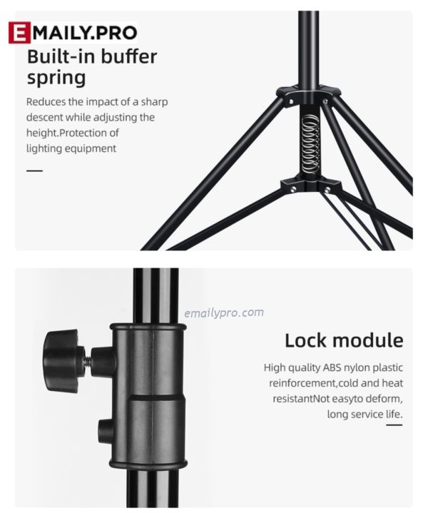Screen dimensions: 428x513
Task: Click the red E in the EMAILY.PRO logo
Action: click(x=20, y=32)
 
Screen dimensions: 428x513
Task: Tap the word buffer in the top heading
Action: click(x=128, y=56)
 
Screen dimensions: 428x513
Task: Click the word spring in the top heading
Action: click(x=56, y=78)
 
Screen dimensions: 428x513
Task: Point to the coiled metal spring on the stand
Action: click(x=310, y=145)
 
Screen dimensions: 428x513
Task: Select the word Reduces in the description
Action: click(x=46, y=102)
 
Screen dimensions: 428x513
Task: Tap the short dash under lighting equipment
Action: click(x=35, y=171)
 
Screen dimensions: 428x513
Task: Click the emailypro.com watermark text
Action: click(x=224, y=313)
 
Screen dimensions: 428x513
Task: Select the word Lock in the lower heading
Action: click(x=305, y=340)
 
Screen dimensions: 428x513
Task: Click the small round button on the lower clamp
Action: click(x=105, y=431)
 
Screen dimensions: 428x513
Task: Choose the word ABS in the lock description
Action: click(x=332, y=367)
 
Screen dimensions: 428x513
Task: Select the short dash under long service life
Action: click(x=394, y=425)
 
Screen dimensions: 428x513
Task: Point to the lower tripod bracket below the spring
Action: click(x=311, y=186)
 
